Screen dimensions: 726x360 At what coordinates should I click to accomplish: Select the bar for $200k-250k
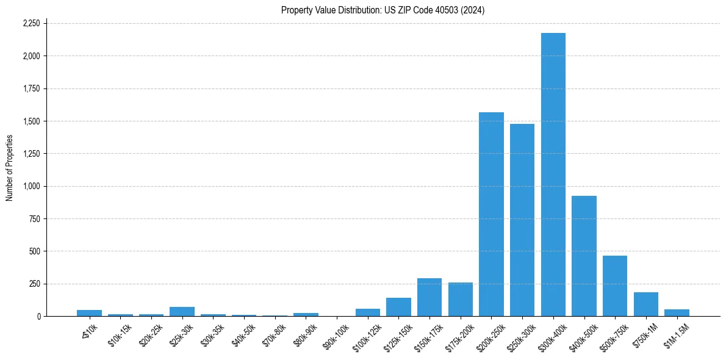(491, 214)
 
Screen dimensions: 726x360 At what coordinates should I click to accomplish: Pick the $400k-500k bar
(584, 256)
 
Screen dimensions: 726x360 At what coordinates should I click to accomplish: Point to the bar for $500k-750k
(615, 286)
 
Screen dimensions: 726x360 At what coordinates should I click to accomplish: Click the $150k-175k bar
(429, 298)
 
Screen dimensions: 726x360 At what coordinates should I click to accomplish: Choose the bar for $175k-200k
(461, 300)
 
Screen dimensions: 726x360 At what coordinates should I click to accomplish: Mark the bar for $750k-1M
(645, 304)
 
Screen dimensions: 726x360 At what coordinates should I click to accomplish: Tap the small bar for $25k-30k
(182, 312)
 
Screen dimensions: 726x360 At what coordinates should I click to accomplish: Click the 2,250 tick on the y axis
(31, 23)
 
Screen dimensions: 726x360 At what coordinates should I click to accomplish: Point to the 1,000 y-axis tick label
(31, 186)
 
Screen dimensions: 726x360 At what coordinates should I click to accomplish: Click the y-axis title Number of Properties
(9, 168)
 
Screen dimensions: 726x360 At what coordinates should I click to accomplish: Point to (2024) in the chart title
(473, 10)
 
